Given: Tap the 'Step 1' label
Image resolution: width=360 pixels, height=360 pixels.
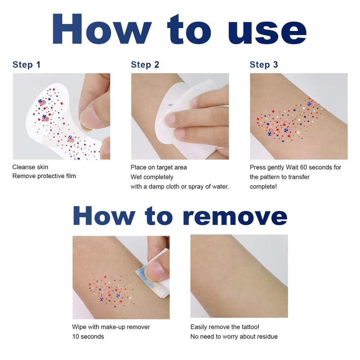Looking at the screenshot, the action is (x=26, y=65).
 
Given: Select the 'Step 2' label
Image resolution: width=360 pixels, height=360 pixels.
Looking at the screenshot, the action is (x=145, y=65).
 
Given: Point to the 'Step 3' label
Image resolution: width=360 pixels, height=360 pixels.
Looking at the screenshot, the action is (x=264, y=65).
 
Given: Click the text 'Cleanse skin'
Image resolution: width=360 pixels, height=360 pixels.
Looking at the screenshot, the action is (x=30, y=167).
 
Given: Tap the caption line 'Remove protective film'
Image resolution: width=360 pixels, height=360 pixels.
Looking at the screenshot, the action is (x=44, y=176).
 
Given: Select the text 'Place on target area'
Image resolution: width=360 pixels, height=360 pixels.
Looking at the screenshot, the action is (x=159, y=167).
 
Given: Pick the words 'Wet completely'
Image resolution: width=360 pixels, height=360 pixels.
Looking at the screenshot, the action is (x=152, y=177).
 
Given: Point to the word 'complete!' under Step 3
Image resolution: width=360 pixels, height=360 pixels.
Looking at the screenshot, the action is (x=263, y=186).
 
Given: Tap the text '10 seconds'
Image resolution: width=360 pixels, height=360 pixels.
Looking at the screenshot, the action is (x=88, y=337).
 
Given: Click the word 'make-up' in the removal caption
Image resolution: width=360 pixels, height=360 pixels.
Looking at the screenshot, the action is (x=113, y=327).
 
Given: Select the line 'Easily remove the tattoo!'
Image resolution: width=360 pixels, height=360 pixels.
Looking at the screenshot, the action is (x=225, y=327).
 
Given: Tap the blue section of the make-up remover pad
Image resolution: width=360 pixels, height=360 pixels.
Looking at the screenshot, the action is (x=145, y=279).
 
